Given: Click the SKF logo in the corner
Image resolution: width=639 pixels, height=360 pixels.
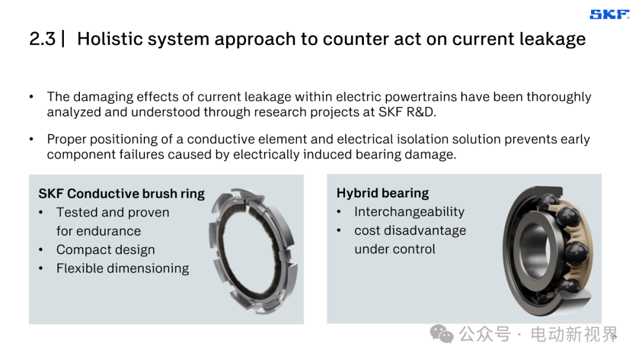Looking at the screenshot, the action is coord(609,15).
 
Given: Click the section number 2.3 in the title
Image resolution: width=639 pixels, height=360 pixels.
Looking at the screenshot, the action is coord(43,39).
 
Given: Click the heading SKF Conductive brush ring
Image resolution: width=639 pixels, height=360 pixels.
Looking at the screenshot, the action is coord(121,194).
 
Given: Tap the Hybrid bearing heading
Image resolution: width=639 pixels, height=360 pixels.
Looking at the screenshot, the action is coord(383,193).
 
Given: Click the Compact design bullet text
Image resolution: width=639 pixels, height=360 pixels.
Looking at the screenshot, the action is coord(105,250).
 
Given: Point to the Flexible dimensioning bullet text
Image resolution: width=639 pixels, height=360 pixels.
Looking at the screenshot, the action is coord(122,269).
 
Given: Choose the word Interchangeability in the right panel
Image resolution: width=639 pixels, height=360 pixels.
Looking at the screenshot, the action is coord(409,212).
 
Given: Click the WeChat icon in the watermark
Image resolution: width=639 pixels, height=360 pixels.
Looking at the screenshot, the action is coord(441,334).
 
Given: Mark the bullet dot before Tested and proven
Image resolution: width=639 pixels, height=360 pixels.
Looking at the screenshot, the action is coord(41,213).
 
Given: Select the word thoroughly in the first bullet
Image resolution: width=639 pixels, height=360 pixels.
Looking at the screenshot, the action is coord(559,98).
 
